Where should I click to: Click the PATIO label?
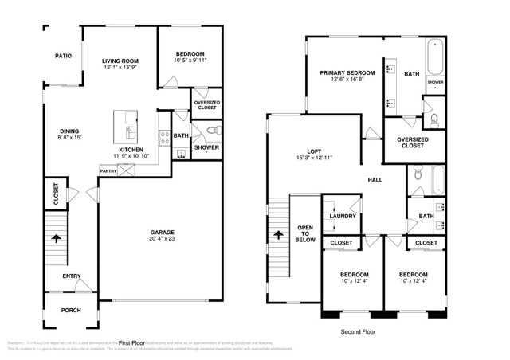pyautogui.click(x=63, y=56)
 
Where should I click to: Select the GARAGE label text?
pyautogui.click(x=163, y=233)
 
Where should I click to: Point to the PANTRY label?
pyautogui.click(x=108, y=170)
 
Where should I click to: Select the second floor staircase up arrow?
pyautogui.click(x=277, y=235)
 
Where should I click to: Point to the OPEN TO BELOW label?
pyautogui.click(x=305, y=232)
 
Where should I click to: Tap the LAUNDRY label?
pyautogui.click(x=342, y=216)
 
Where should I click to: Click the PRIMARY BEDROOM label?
pyautogui.click(x=347, y=73)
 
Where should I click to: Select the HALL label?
pyautogui.click(x=375, y=180)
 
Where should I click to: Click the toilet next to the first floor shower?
pyautogui.click(x=211, y=130)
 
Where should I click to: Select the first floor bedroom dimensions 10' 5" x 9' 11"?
pyautogui.click(x=190, y=60)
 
